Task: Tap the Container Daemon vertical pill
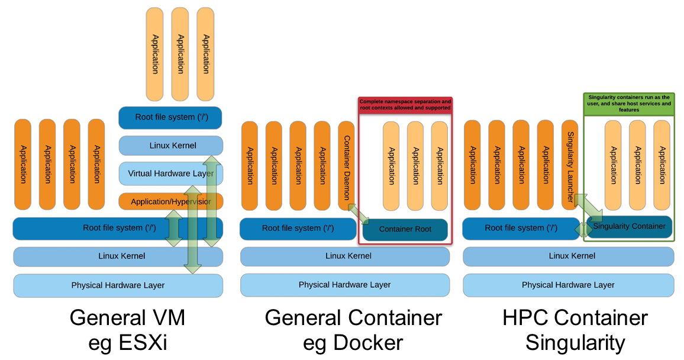(x=346, y=165)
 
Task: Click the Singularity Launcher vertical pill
(x=569, y=165)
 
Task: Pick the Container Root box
(x=405, y=229)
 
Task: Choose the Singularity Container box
(x=629, y=227)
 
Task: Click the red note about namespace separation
(x=405, y=105)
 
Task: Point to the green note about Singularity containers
(x=629, y=102)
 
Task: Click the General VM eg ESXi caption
(x=127, y=330)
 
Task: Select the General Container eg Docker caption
(x=353, y=330)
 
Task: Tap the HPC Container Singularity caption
(x=575, y=330)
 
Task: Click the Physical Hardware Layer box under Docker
(x=344, y=285)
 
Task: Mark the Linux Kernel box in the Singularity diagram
(x=568, y=256)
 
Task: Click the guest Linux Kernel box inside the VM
(x=170, y=146)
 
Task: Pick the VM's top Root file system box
(x=170, y=117)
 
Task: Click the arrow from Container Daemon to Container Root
(x=358, y=214)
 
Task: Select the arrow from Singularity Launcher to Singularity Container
(x=588, y=207)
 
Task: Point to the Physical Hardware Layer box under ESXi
(x=118, y=285)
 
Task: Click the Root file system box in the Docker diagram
(x=298, y=229)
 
